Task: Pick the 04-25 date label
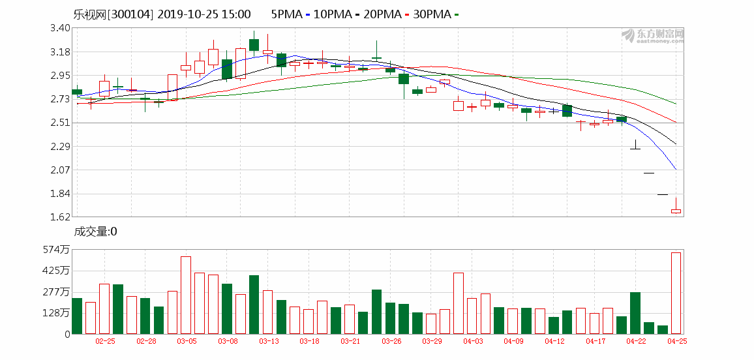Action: [676, 341]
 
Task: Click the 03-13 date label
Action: [269, 341]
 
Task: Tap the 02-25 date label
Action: [105, 341]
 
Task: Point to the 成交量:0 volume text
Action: [95, 232]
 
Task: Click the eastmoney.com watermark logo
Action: [652, 35]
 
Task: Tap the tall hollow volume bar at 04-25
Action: [676, 293]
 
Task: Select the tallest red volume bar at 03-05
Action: [186, 295]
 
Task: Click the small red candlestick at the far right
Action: [676, 211]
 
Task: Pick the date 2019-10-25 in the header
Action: [187, 14]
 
